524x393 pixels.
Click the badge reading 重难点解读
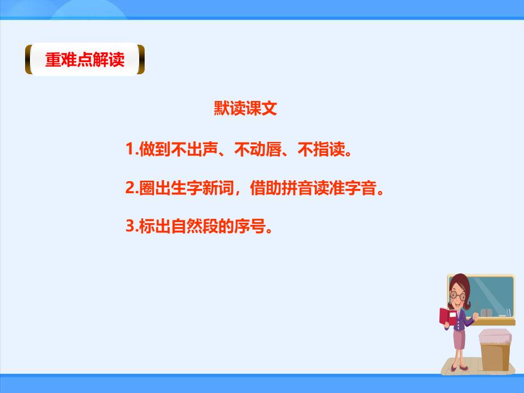tap(85, 59)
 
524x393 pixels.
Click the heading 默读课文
tap(245, 109)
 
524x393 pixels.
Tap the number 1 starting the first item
tap(130, 149)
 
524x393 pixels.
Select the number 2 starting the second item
tap(130, 188)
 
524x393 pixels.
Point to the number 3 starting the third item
tap(130, 227)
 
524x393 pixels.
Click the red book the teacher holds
tap(447, 317)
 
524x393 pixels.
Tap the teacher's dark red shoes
tap(460, 367)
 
